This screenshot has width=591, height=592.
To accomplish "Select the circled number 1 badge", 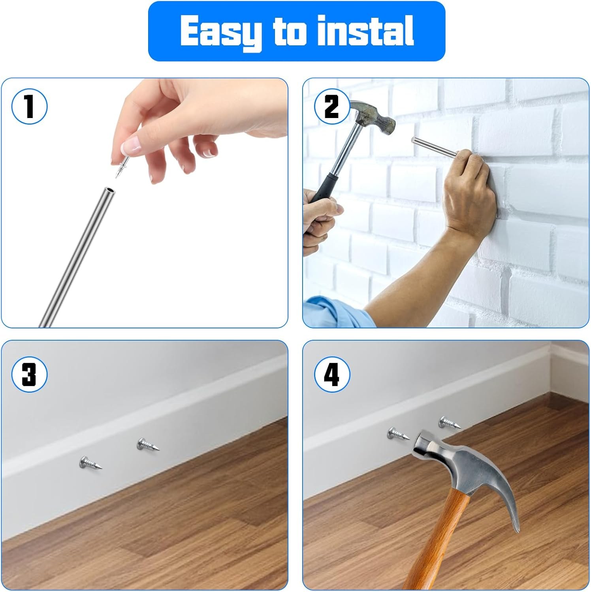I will pos(29,107).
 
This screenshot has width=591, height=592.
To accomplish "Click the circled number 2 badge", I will pos(332,107).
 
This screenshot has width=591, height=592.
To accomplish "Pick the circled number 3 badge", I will pos(29,374).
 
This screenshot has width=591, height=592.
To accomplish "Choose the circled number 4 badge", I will pos(332,374).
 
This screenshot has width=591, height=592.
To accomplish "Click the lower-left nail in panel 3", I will pos(90,463).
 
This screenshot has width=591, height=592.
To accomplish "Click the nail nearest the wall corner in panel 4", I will pos(450,423).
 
